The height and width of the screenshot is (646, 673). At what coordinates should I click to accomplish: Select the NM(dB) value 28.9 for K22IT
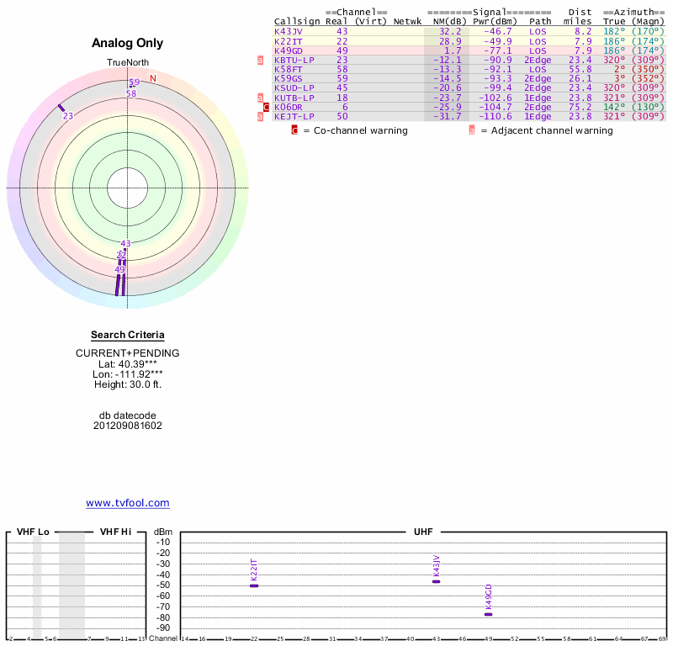[x=449, y=41]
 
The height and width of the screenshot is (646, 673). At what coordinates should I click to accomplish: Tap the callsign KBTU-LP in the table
[x=294, y=60]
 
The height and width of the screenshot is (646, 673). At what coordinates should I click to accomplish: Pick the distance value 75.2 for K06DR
[x=580, y=107]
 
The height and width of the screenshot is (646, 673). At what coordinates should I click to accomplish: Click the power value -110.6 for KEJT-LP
[x=494, y=116]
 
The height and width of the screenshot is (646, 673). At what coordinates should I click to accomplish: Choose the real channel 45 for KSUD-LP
[x=342, y=87]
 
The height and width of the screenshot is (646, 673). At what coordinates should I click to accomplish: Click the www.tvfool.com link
[x=128, y=503]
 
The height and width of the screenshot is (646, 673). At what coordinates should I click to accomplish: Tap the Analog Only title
[x=128, y=43]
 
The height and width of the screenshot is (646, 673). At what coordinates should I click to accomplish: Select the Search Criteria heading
[x=128, y=335]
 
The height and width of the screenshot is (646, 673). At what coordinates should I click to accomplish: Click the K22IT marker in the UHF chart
[x=254, y=585]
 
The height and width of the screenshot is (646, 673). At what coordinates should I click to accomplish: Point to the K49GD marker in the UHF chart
[x=488, y=614]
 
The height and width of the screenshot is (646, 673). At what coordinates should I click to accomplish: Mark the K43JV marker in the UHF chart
[x=436, y=581]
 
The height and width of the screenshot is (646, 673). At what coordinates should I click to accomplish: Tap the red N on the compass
[x=153, y=79]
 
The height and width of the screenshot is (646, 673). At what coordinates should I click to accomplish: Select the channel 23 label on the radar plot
[x=68, y=116]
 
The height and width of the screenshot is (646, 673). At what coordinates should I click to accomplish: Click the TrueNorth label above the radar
[x=128, y=63]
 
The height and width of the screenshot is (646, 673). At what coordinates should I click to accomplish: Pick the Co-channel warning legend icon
[x=294, y=130]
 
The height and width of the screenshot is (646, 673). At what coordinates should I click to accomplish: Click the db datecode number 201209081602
[x=128, y=426]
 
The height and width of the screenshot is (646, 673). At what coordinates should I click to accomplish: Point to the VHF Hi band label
[x=115, y=532]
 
